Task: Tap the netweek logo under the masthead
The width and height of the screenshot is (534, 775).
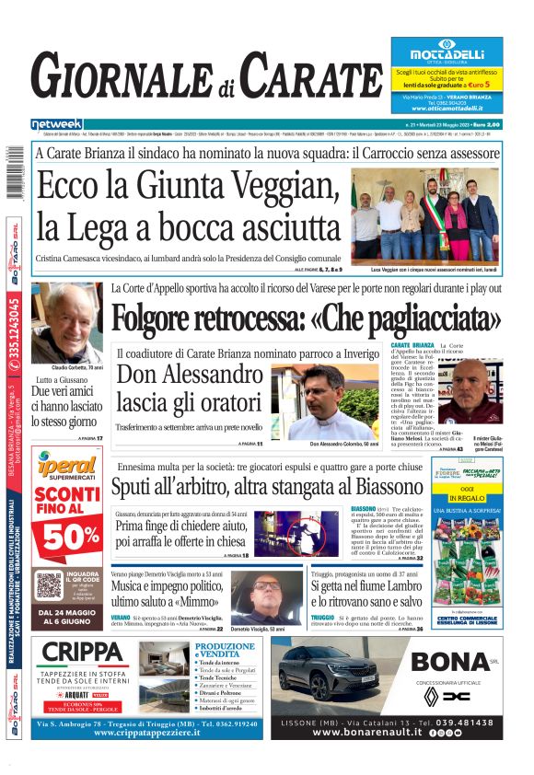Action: coord(56,124)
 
